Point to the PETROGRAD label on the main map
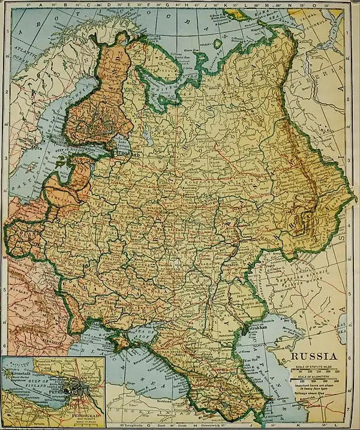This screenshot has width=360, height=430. coord(128,152)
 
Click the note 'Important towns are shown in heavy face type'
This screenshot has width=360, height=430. coord(314,387)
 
